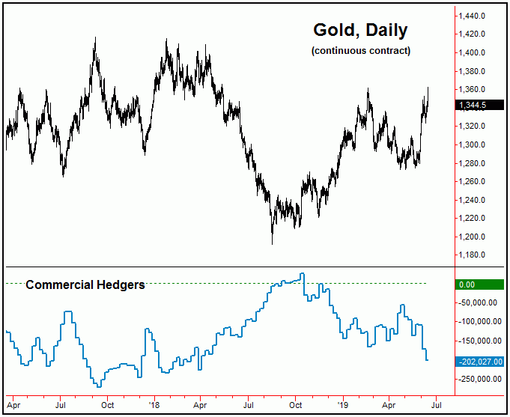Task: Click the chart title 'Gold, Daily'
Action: [360, 31]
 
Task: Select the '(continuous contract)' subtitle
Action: [360, 51]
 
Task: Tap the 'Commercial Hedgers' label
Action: [85, 284]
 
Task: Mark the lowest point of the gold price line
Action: [272, 243]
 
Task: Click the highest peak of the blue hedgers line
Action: [302, 274]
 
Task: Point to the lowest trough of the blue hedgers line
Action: [99, 386]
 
